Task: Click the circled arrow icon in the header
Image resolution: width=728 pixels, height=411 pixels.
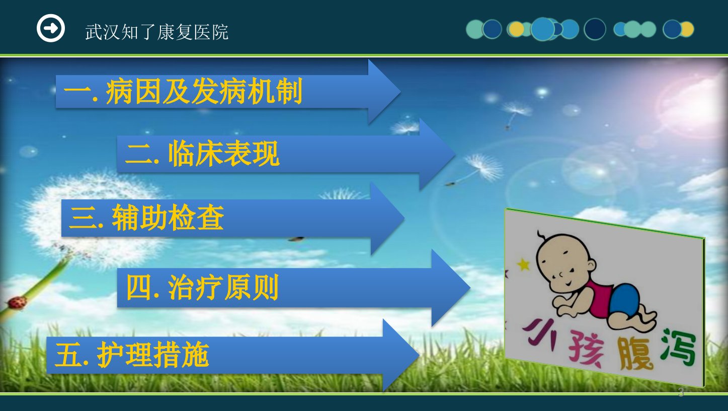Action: pos(51,28)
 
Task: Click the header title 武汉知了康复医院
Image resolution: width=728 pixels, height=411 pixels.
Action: pos(156,32)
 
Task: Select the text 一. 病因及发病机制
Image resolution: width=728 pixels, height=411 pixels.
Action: pos(183,91)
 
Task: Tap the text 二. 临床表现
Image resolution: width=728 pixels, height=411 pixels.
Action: pos(202,154)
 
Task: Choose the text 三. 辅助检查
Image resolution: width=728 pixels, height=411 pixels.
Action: pos(146,217)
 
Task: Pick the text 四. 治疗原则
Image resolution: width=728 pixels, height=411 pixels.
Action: pos(202,287)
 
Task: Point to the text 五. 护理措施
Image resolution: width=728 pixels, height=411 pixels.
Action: pos(132,355)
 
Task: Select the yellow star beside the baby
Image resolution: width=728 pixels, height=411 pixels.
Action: pos(523,264)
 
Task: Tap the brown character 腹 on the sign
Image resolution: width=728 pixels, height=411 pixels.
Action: pos(635,353)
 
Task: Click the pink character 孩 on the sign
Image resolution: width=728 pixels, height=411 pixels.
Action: pos(586,348)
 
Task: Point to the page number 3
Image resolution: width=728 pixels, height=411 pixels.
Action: pos(681,393)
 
